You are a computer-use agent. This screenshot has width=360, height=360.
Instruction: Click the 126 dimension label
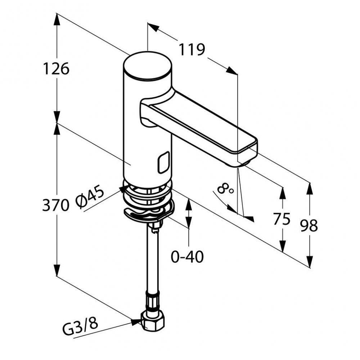click(x=56, y=68)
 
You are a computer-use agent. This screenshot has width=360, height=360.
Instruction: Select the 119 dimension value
click(x=192, y=50)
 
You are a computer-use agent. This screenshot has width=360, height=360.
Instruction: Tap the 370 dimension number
click(x=55, y=206)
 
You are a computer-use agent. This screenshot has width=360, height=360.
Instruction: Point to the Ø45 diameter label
click(x=90, y=198)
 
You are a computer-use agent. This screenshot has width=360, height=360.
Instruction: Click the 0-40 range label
click(x=187, y=257)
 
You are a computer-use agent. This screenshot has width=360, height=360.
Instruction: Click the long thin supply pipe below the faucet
click(x=152, y=263)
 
